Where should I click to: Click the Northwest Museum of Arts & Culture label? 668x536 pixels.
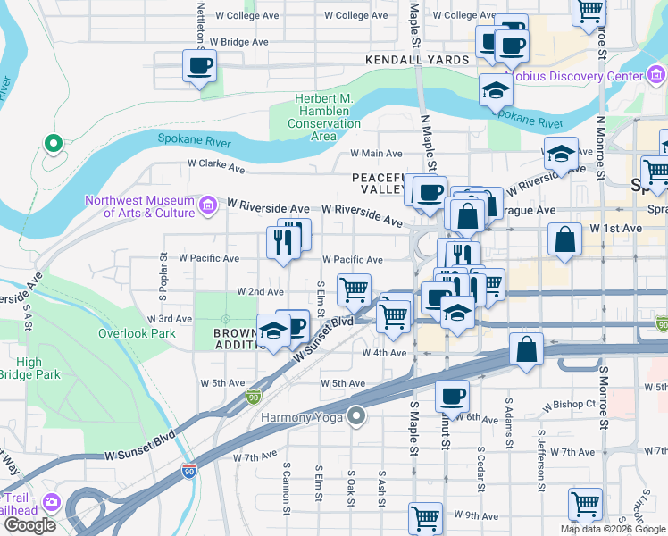pyautogui.click(x=140, y=206)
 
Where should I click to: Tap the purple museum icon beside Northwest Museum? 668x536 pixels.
pyautogui.click(x=208, y=206)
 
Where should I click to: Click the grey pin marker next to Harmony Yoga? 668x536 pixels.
pyautogui.click(x=357, y=416)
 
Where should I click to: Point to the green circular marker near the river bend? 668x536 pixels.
pyautogui.click(x=53, y=143)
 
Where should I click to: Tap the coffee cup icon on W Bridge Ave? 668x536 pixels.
pyautogui.click(x=199, y=65)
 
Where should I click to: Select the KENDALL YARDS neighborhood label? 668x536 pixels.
pyautogui.click(x=417, y=60)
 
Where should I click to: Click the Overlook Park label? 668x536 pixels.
pyautogui.click(x=137, y=333)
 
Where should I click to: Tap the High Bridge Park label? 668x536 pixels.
pyautogui.click(x=41, y=369)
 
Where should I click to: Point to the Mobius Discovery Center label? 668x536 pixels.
pyautogui.click(x=584, y=76)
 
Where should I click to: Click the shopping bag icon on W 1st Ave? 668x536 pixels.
pyautogui.click(x=564, y=239)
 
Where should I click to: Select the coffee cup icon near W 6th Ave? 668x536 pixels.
pyautogui.click(x=452, y=395)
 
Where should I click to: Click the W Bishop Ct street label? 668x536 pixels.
pyautogui.click(x=572, y=404)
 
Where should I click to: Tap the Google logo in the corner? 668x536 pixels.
pyautogui.click(x=29, y=525)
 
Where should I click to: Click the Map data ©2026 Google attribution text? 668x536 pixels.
pyautogui.click(x=613, y=529)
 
